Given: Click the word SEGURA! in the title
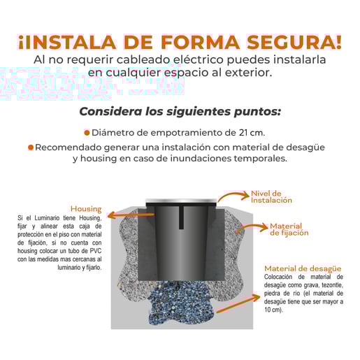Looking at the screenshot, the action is pos(294,42).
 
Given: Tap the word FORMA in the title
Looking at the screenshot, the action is pos(200,42).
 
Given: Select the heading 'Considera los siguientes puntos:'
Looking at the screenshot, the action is pos(180,111).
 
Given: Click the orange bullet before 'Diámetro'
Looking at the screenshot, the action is pos(87,133).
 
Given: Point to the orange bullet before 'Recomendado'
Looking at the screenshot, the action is pos(31,147).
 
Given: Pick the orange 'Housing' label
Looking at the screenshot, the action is pos(86,209).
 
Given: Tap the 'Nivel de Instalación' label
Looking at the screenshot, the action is pos(271,197).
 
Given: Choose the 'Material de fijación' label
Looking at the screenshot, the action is pos(289,229).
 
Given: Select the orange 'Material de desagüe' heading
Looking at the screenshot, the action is pos(303,268).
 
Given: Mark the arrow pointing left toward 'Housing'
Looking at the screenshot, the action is pos(131,215).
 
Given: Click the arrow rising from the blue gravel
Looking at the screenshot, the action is pos(238,303).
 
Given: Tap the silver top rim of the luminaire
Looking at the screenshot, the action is pos(181,201).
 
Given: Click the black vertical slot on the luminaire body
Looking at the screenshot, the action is pos(181,217).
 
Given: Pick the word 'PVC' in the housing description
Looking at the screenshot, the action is pos(96,251).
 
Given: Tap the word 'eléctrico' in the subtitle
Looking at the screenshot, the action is pos(199,59).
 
